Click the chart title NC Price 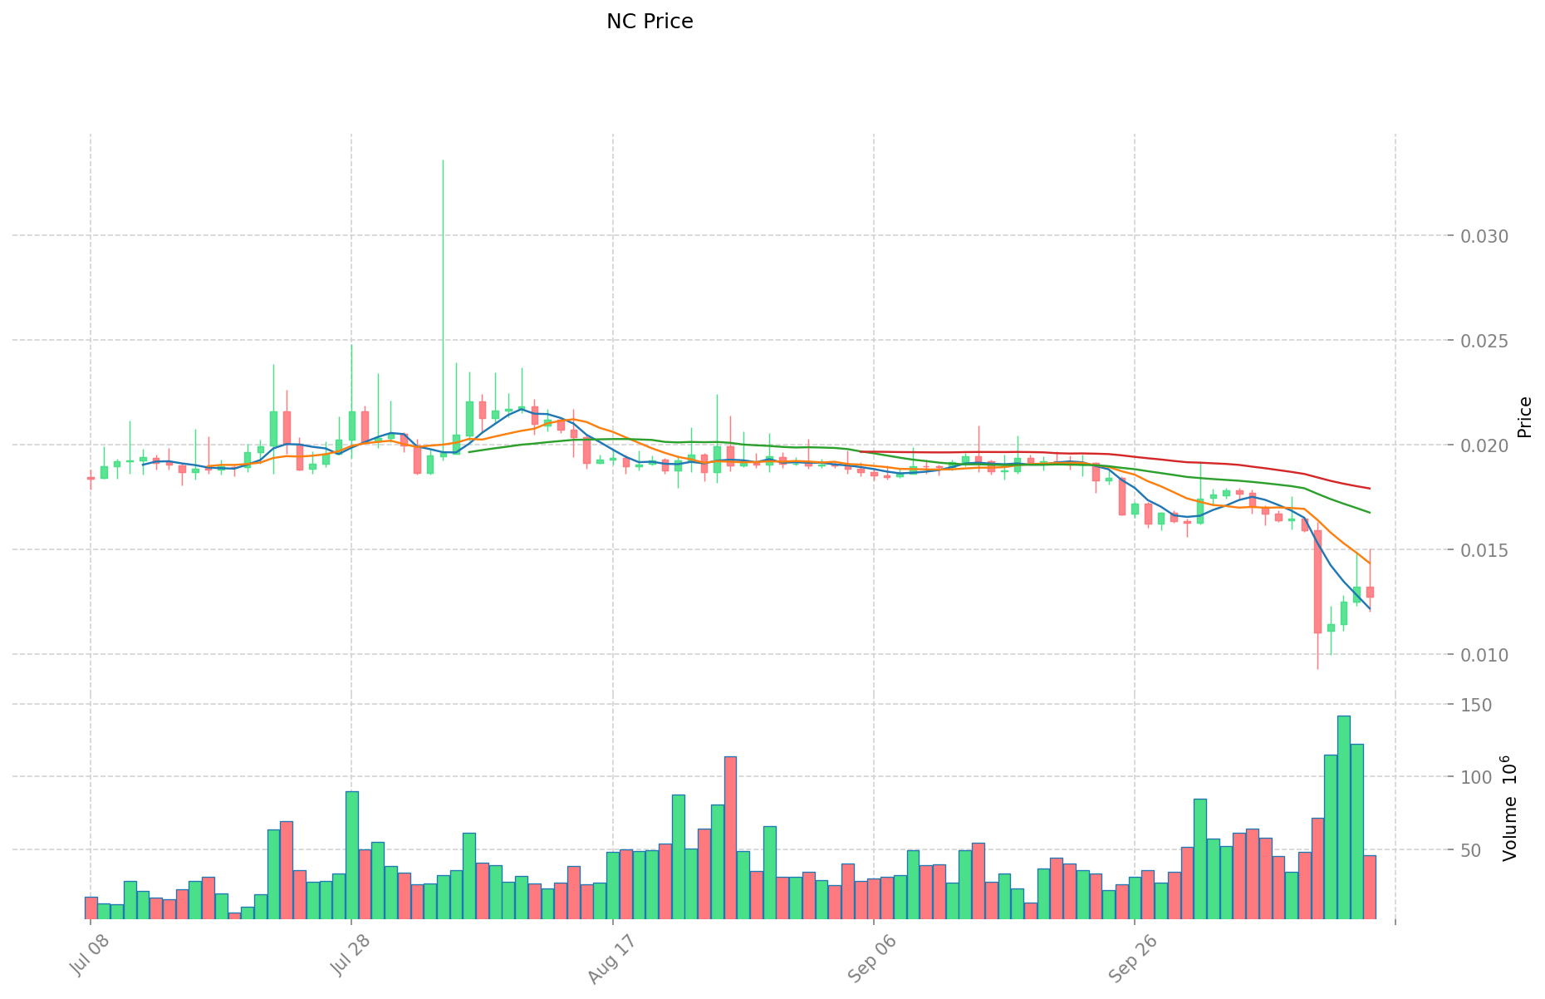(x=650, y=22)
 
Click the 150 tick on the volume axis (x=1479, y=705)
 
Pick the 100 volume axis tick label (x=1479, y=777)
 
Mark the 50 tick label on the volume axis (x=1483, y=850)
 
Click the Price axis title (x=1525, y=417)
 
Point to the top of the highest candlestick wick (x=443, y=160)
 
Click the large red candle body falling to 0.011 (x=1317, y=582)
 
